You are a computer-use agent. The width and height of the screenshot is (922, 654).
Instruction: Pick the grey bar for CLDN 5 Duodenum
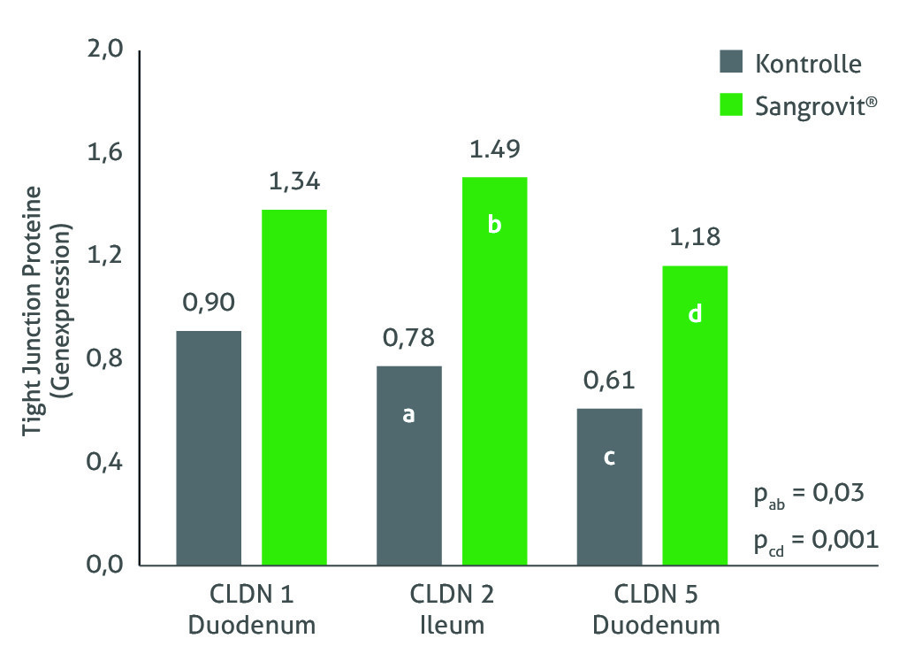609,486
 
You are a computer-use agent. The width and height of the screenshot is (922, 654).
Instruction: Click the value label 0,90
209,303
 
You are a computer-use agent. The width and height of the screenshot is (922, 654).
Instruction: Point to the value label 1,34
294,182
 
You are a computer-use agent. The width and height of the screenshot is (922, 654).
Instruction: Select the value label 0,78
408,338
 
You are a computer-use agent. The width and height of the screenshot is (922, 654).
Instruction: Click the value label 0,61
609,381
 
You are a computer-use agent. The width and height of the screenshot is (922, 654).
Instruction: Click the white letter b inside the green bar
495,225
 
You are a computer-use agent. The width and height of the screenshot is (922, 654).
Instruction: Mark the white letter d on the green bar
695,313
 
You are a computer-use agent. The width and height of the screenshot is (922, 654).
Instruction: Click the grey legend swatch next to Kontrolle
730,63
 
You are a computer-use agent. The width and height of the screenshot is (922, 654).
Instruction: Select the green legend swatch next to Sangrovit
730,105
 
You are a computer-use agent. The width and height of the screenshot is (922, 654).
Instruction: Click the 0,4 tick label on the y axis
105,462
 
